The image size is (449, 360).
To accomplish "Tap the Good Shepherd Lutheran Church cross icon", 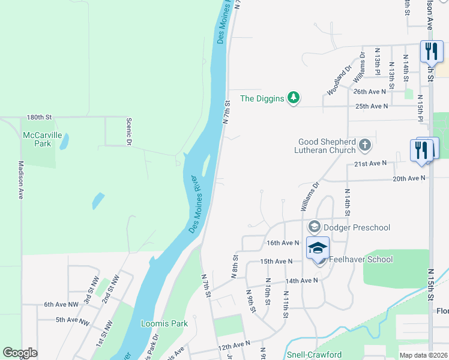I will (364, 145).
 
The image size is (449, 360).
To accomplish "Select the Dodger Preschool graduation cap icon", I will (314, 227).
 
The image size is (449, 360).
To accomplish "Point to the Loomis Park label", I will (164, 323).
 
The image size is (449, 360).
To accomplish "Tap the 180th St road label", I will (40, 118).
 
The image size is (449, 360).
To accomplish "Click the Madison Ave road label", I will (20, 180).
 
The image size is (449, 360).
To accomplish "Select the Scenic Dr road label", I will (128, 131).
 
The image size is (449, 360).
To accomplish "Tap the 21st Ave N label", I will (370, 164).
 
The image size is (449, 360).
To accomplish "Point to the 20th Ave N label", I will (409, 178).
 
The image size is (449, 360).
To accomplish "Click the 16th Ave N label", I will (283, 243).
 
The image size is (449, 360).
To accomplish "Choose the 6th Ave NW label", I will (61, 305).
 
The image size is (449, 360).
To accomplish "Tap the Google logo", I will (20, 352).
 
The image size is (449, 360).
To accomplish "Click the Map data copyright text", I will (423, 355).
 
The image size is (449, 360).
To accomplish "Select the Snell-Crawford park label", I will (315, 355).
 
